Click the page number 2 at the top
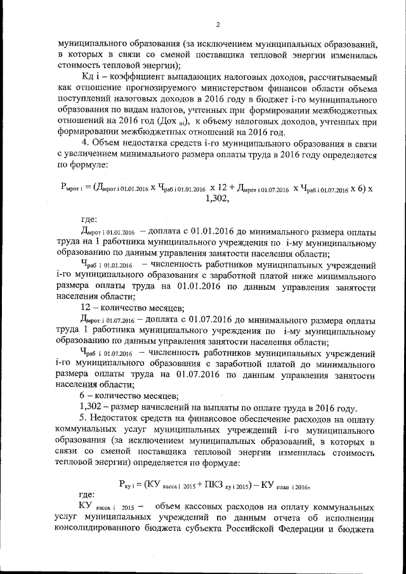217,25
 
